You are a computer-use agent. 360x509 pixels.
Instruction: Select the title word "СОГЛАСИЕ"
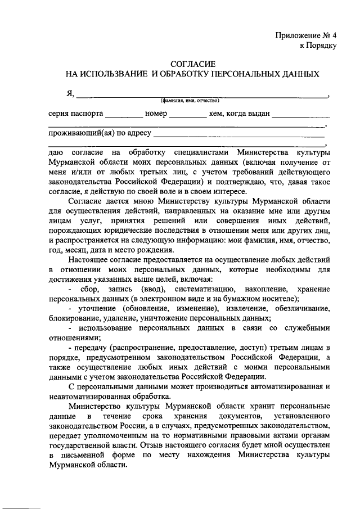click(x=192, y=65)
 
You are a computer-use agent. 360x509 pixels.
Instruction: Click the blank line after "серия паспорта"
click(x=124, y=116)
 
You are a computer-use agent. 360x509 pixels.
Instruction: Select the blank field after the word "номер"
click(x=188, y=116)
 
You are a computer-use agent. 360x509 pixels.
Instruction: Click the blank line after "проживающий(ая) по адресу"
click(x=238, y=135)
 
